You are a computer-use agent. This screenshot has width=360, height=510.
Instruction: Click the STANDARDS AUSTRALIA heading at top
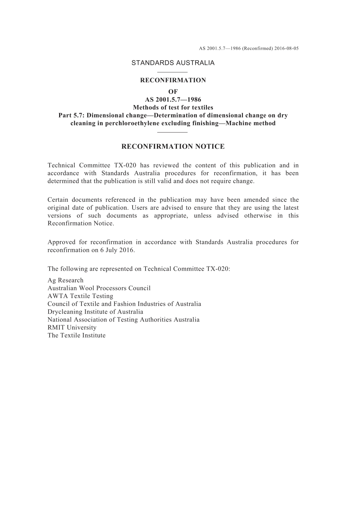click(x=173, y=63)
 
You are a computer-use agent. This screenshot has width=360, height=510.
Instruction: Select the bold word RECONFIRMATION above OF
click(x=173, y=80)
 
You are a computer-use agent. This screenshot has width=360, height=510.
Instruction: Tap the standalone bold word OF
click(x=173, y=92)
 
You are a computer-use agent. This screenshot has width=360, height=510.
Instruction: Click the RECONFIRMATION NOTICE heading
click(x=173, y=147)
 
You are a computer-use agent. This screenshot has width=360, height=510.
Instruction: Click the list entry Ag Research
click(x=65, y=281)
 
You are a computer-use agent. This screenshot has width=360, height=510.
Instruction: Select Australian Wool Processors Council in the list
click(x=99, y=288)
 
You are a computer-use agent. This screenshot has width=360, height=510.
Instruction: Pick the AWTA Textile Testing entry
click(x=80, y=296)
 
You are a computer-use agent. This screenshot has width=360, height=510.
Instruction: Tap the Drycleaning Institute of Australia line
click(x=95, y=312)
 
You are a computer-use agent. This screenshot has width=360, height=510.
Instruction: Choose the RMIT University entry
click(x=72, y=328)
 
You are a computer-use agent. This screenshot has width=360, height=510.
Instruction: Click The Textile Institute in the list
click(x=77, y=336)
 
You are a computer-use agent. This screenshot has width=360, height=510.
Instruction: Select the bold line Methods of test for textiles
click(x=173, y=107)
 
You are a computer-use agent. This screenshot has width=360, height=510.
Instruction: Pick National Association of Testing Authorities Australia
click(x=124, y=320)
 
